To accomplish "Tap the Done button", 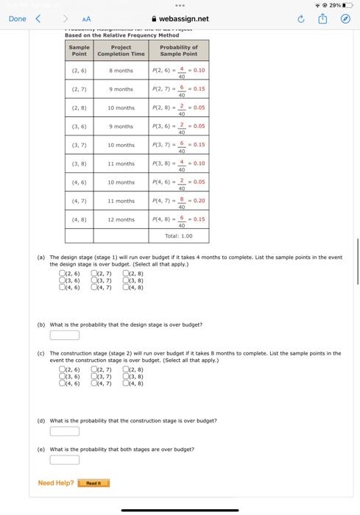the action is (17, 19).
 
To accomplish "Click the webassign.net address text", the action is (183, 19).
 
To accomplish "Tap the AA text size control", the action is (86, 19).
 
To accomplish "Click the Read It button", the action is (93, 483).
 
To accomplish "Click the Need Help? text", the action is (56, 483).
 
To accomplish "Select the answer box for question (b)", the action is (64, 335).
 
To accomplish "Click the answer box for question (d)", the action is (64, 431).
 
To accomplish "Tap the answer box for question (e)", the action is (64, 460).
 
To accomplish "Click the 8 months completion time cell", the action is (121, 71).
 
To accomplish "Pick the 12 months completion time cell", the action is (121, 219).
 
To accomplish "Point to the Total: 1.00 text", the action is (178, 236).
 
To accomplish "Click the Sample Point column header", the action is (80, 50).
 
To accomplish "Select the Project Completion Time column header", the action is (121, 50).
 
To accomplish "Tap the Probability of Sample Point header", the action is (178, 50).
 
